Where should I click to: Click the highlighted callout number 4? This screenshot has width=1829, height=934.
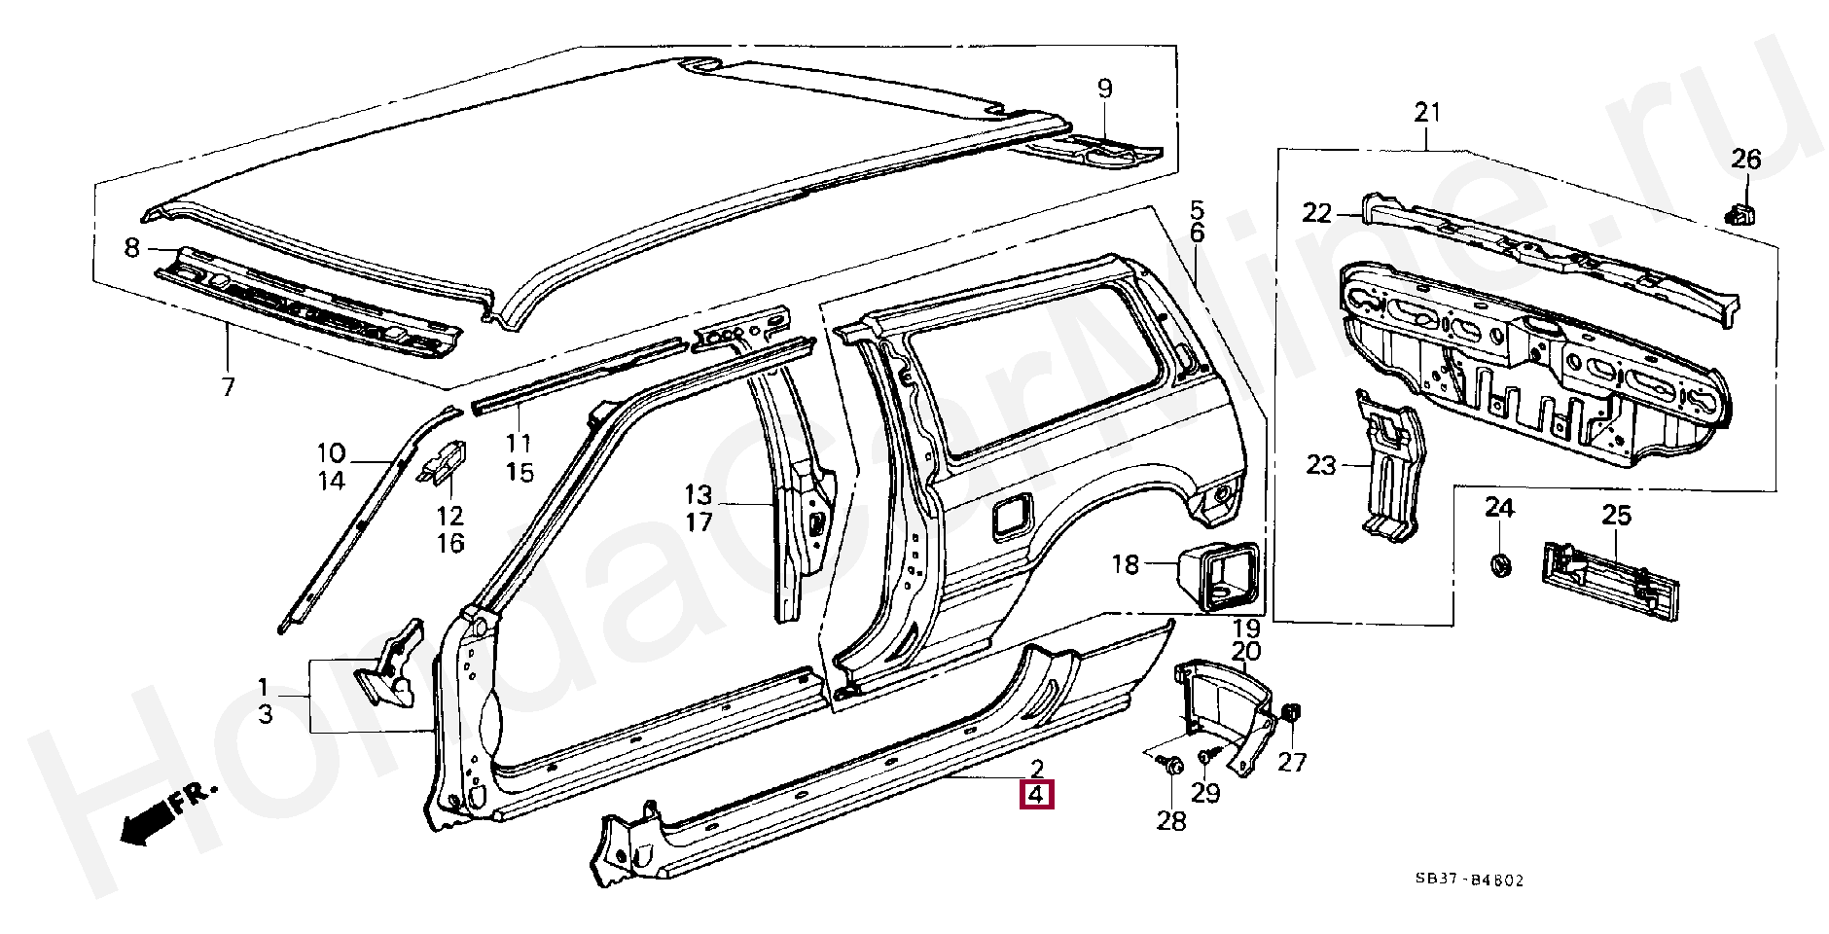pos(1036,794)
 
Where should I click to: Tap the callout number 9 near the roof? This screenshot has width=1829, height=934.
pos(1104,90)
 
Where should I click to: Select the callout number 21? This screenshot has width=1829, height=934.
pos(1426,113)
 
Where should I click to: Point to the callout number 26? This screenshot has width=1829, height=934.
pos(1746,159)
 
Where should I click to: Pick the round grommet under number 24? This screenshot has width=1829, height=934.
pos(1500,563)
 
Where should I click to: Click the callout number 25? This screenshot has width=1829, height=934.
pos(1616,516)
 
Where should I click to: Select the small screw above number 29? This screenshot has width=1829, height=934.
pos(1206,755)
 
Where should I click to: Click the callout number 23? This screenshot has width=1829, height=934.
pos(1321,466)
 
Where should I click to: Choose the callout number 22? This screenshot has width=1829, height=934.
pos(1317,213)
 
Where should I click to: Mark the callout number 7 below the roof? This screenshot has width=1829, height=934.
pos(228,387)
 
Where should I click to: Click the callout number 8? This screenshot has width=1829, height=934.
pos(133,248)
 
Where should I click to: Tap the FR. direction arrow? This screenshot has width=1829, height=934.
pos(161,814)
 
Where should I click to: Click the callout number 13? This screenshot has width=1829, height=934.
pos(698,493)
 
